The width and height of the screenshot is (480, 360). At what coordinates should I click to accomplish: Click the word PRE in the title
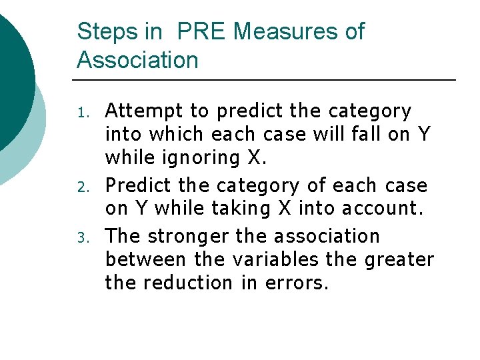tap(203, 31)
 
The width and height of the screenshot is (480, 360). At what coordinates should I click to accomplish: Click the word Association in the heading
tap(138, 60)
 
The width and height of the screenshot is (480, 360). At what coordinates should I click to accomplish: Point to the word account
tap(383, 207)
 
